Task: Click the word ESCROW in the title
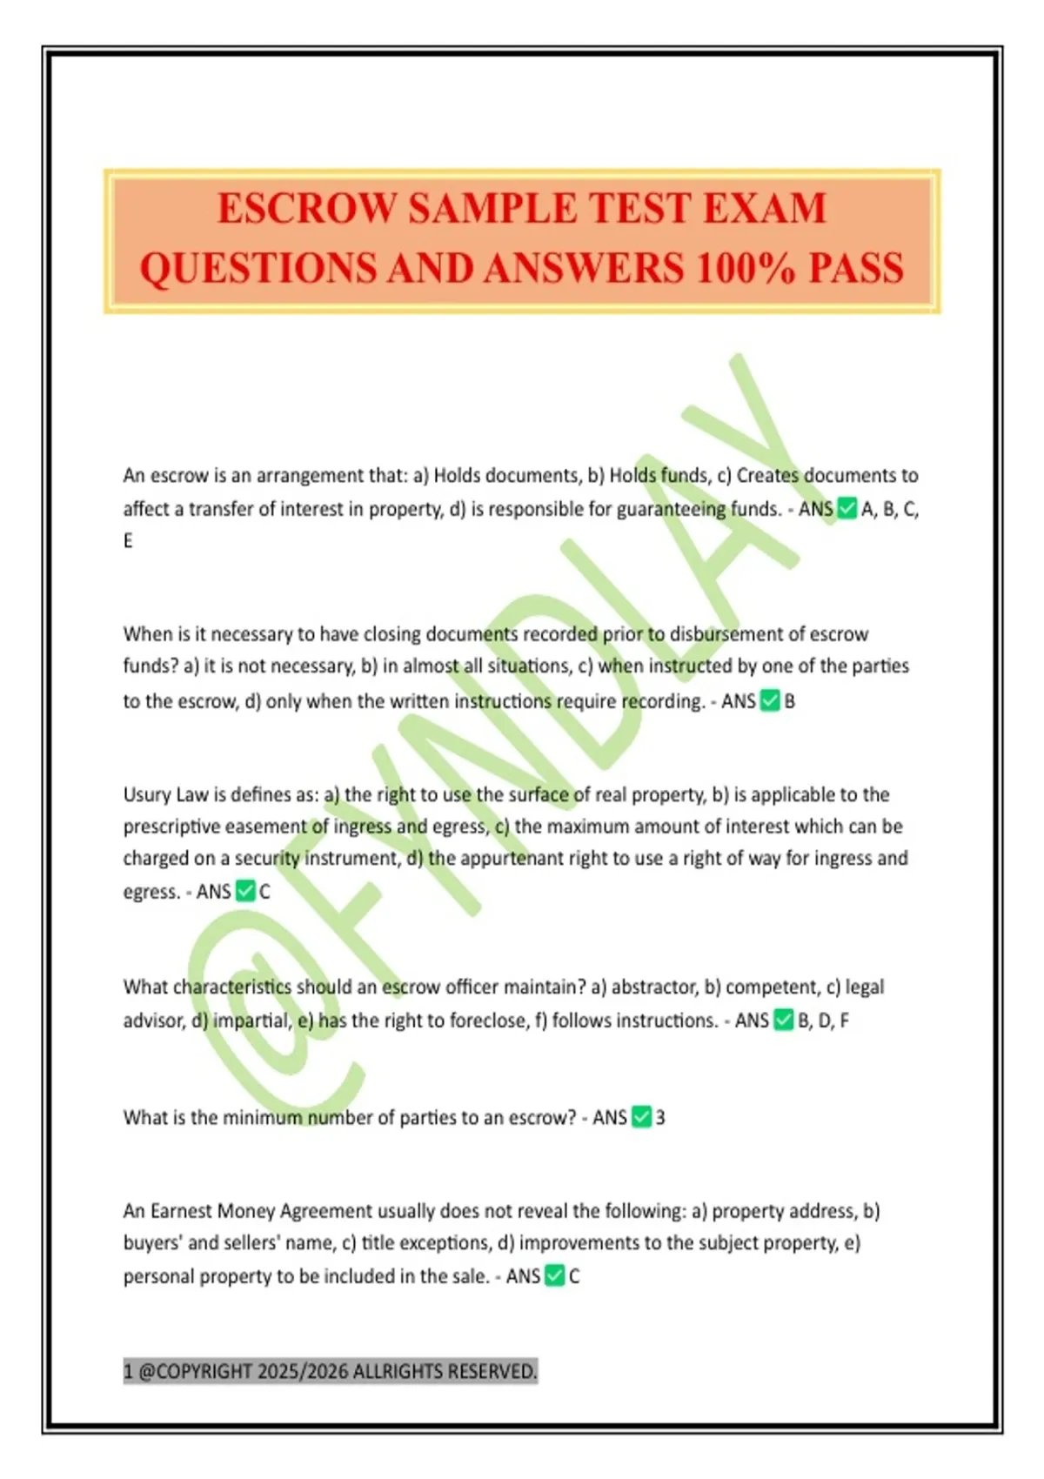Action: [307, 210]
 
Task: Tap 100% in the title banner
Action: [745, 269]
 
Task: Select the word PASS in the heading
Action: [856, 269]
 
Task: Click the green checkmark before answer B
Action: [770, 701]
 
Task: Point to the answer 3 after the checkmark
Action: [660, 1118]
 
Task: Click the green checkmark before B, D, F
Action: [784, 1020]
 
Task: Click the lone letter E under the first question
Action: [129, 541]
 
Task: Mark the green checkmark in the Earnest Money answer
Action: [554, 1276]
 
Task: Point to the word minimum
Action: [261, 1118]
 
